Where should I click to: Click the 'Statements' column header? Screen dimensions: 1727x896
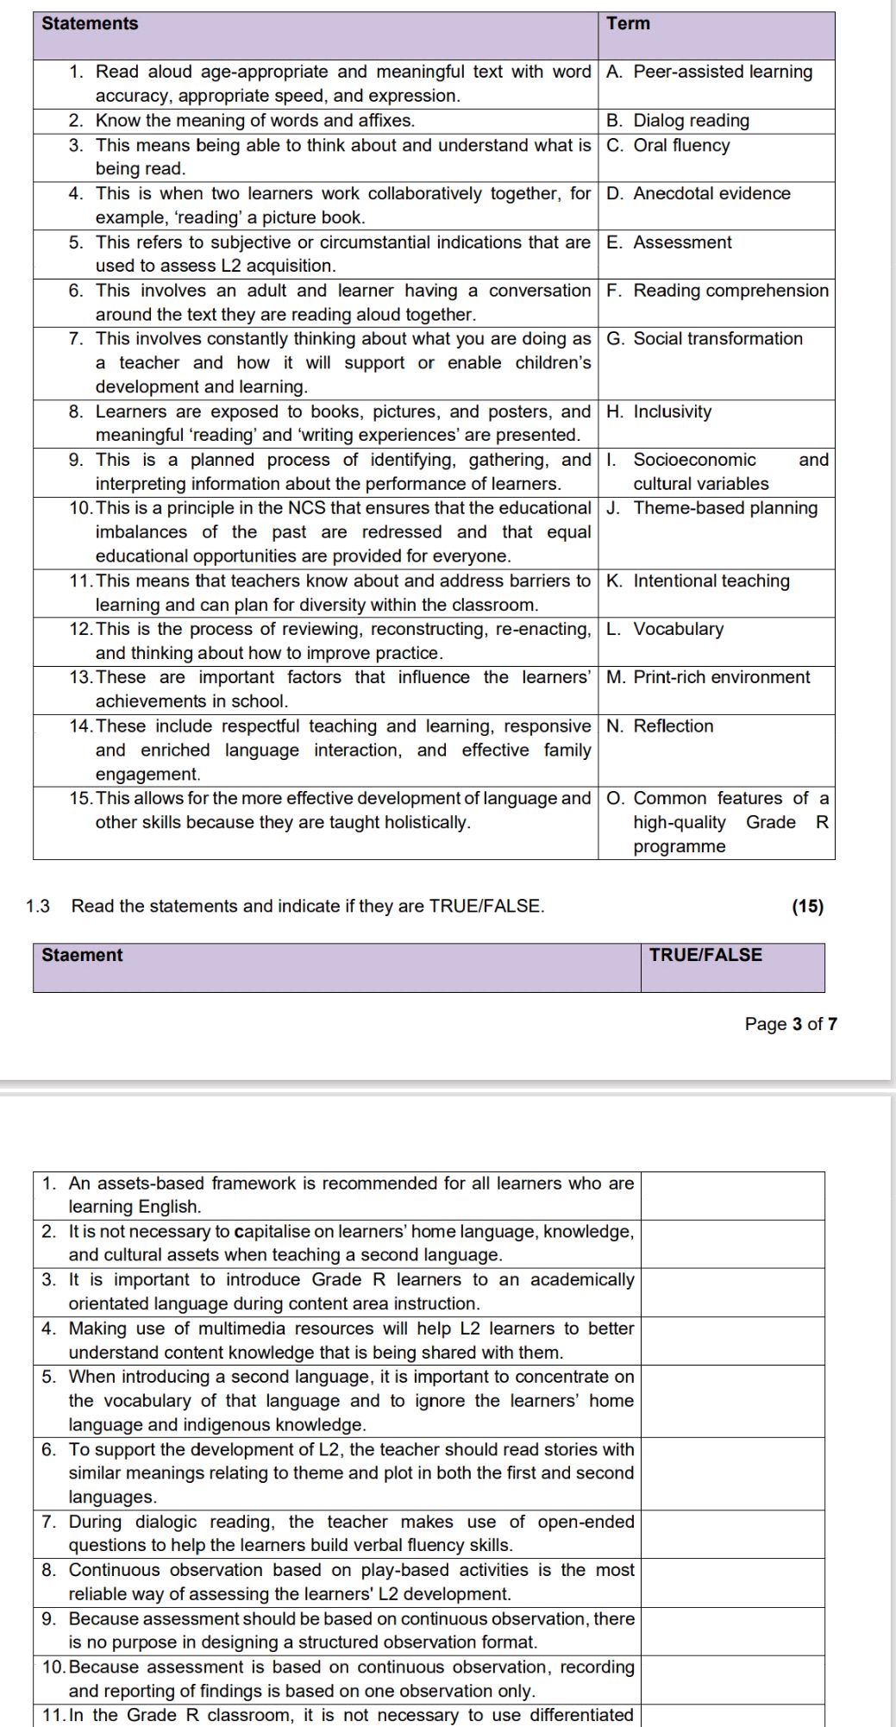90,24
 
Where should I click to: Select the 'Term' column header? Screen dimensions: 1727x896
628,24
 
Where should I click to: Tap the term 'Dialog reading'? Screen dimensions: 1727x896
691,121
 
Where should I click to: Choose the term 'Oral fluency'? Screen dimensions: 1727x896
681,145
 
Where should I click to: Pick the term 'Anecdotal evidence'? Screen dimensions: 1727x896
711,193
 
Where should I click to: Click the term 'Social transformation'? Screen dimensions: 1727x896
717,338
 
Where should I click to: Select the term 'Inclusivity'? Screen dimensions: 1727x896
672,411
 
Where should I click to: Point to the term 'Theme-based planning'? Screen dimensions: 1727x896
725,508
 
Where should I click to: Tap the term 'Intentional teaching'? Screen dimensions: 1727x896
711,581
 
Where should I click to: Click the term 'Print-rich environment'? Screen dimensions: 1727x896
722,677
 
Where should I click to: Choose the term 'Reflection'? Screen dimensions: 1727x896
674,726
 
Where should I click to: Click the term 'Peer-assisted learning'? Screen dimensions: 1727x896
723,72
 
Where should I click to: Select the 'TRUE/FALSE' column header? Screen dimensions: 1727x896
705,955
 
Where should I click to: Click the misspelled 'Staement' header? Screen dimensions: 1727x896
82,955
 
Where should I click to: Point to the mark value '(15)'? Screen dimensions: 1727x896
807,906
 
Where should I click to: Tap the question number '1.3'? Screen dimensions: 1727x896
38,906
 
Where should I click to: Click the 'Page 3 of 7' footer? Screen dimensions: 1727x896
791,1024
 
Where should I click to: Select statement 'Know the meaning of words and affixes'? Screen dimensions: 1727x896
254,121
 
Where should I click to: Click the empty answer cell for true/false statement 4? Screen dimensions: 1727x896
732,1341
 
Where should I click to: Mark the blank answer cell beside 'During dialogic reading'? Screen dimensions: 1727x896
732,1534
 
